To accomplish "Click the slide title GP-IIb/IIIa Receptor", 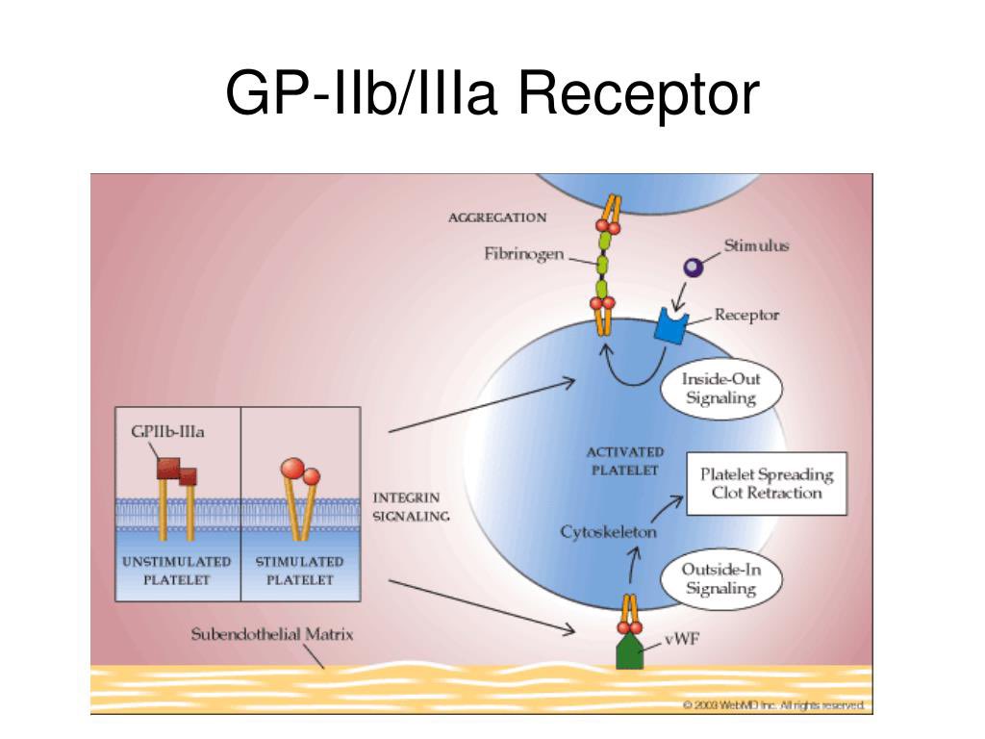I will coord(492,96).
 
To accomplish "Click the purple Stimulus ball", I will coord(693,268).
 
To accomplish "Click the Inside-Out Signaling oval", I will coord(720,389).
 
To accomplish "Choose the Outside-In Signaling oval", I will coord(720,579).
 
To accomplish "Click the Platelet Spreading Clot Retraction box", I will coord(766,484).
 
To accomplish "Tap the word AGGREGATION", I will coord(497,217).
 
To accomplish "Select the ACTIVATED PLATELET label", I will coord(624,461).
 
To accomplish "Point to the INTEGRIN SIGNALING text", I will coord(410,507).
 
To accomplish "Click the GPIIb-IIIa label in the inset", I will coord(167,431).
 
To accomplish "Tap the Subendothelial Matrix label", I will coord(272,634).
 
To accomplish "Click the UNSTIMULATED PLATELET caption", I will coord(177,571).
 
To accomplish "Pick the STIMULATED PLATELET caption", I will coord(299,571).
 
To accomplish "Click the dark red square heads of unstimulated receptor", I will coord(177,471).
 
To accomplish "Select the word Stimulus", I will coord(756,245).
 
